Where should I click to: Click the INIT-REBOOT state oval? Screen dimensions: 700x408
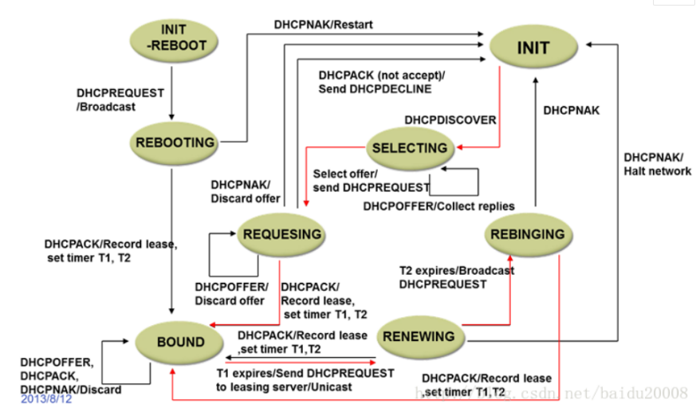174,40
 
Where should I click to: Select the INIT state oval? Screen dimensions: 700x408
533,46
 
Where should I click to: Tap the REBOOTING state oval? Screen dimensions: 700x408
174,143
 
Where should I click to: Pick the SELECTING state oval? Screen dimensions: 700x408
410,148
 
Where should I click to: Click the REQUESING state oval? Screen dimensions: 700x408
281,234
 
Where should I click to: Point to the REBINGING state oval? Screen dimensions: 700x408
528,234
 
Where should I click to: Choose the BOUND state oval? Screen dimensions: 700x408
179,343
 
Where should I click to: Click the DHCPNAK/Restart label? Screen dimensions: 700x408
323,25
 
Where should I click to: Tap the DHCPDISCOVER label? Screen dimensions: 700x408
450,120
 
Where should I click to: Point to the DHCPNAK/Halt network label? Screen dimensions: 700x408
657,164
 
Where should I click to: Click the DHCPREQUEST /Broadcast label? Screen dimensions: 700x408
120,100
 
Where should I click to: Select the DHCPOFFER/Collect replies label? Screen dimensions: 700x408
438,206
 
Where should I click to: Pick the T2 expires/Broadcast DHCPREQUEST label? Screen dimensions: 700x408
457,277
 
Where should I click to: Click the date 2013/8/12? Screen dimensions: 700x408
46,398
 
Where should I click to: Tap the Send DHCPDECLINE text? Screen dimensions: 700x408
375,88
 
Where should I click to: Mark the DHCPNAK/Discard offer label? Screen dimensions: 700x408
245,191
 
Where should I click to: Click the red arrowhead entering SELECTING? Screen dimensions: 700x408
460,147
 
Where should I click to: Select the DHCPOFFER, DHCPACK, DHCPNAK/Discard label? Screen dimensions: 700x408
70,376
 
